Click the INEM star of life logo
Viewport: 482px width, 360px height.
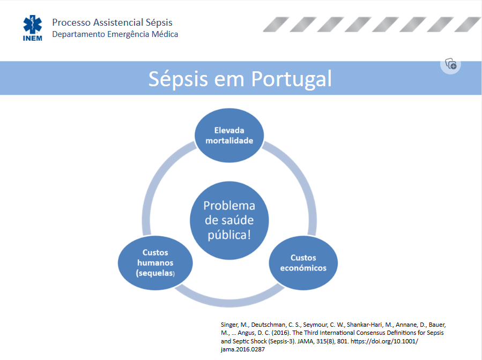32,24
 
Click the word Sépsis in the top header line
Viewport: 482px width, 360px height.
159,22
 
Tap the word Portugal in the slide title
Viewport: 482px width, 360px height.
292,79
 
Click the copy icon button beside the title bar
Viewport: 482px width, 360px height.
451,64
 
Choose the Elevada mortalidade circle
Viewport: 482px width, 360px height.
229,135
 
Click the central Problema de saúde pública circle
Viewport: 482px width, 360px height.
229,220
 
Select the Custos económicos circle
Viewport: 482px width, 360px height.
303,263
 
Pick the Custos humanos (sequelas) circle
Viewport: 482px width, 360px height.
155,263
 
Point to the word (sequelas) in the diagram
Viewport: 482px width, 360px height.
155,273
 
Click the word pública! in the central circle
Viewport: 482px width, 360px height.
229,235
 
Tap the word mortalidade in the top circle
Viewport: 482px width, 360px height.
229,141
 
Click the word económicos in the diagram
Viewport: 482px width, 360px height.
303,268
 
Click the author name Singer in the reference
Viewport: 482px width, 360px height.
229,325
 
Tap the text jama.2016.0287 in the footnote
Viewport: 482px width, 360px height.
242,349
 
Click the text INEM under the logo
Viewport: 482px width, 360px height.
32,39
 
